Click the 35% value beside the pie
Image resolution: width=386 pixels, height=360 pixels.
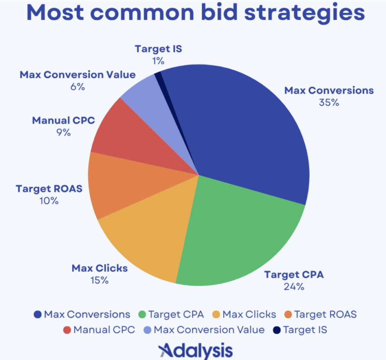pyautogui.click(x=328, y=102)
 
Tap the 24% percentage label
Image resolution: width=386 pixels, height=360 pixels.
pyautogui.click(x=294, y=286)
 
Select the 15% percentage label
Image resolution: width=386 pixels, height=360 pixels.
pyautogui.click(x=100, y=280)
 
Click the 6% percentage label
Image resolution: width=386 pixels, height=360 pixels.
pyautogui.click(x=77, y=86)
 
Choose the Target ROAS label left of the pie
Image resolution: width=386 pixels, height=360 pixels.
pyautogui.click(x=49, y=188)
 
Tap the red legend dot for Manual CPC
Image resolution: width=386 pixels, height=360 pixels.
pyautogui.click(x=67, y=330)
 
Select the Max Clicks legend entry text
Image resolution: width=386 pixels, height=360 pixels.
pyautogui.click(x=249, y=314)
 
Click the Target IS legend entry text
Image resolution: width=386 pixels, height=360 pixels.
pyautogui.click(x=305, y=330)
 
